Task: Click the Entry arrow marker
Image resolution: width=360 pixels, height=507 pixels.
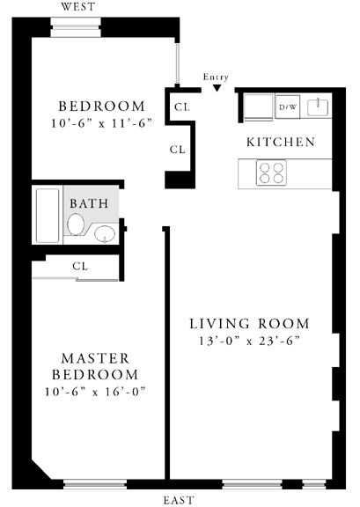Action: coord(217,88)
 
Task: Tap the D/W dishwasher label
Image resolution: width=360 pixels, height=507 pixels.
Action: coord(288,107)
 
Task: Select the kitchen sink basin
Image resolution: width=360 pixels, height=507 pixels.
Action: coord(318,107)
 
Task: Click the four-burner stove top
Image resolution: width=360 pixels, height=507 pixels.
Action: coord(271,173)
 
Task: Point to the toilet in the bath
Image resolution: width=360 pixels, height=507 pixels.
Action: coord(77,224)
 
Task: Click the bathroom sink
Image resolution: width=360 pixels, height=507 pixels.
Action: coord(105,233)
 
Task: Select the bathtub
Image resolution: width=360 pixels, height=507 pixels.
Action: coord(48,216)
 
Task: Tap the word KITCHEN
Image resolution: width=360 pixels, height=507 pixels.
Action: coord(281,143)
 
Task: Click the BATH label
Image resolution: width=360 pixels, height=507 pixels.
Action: coord(89,203)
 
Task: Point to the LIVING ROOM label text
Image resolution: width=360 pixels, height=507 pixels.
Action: coord(249,324)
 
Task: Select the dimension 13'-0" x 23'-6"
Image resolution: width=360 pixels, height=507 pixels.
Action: coord(249,341)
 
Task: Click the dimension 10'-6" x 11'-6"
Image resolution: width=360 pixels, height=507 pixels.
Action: coord(101,123)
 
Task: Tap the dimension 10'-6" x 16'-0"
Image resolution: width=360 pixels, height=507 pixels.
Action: coord(95,392)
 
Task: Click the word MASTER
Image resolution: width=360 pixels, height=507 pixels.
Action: coord(95,358)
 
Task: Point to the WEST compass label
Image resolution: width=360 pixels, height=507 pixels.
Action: coord(78,7)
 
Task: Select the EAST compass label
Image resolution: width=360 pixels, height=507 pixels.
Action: coord(178,500)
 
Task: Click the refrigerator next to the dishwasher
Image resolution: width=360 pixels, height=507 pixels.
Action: coord(258,107)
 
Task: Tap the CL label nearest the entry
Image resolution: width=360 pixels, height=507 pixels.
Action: coord(182,107)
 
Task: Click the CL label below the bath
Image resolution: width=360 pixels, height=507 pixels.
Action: coord(80,266)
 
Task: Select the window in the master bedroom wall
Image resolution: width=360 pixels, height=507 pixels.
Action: coord(95,484)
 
